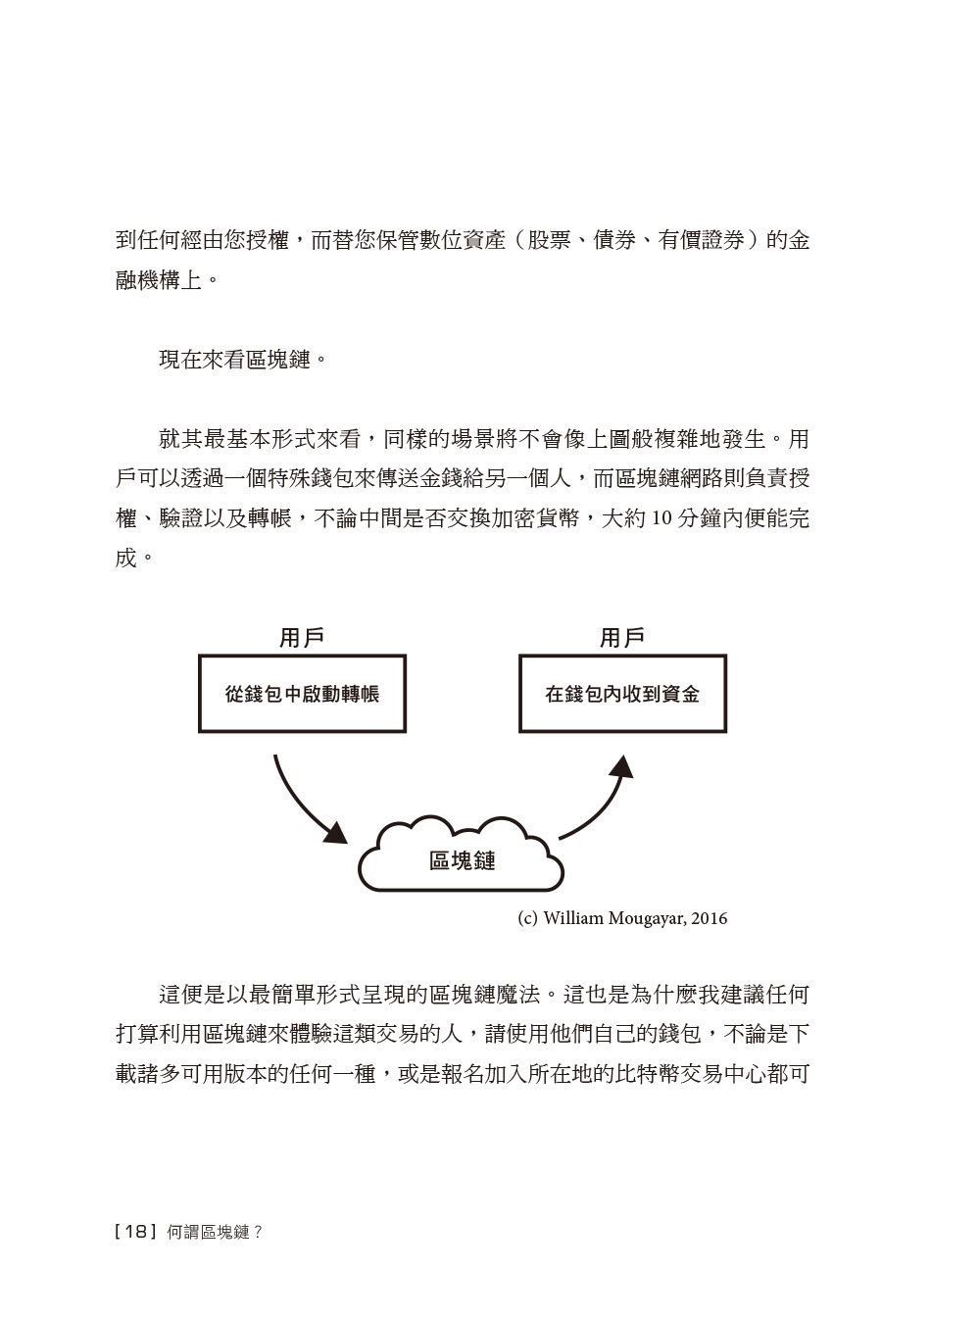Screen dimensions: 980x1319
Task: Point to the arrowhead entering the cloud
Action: (x=336, y=833)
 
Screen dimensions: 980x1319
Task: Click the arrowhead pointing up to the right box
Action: (x=622, y=766)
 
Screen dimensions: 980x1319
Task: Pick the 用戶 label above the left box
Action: (x=302, y=638)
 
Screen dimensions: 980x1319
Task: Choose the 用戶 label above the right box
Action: (x=622, y=638)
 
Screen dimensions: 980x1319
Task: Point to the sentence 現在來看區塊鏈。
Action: (x=243, y=360)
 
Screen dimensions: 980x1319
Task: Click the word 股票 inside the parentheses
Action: (x=549, y=240)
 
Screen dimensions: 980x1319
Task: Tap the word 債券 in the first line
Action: (x=614, y=240)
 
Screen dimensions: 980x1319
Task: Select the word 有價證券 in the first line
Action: (x=701, y=240)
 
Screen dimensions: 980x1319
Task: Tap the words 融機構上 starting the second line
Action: (x=159, y=280)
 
